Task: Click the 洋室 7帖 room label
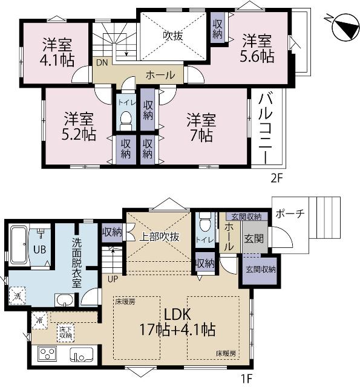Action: [200, 126]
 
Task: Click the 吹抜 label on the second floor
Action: [173, 35]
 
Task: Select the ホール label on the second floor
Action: [160, 75]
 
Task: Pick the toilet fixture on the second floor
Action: [126, 121]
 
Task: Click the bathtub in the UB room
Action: [19, 244]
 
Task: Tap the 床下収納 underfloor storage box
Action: [66, 332]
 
